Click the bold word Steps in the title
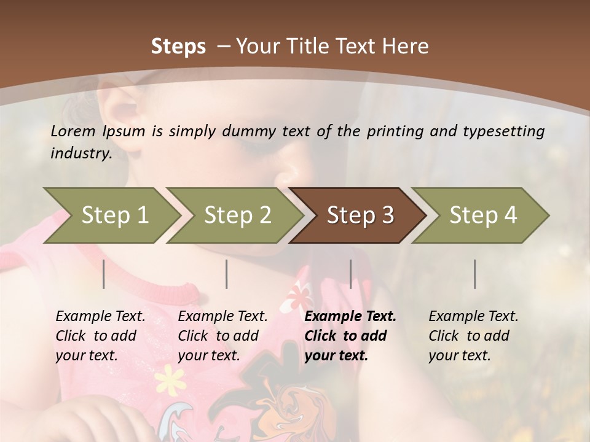tap(178, 47)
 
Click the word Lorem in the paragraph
tap(73, 131)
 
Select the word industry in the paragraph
tap(81, 153)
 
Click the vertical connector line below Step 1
tap(104, 274)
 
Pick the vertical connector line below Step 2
tap(227, 274)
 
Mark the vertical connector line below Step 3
tap(351, 274)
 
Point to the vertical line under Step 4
tap(474, 274)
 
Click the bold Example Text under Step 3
tap(350, 317)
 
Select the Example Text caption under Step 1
tap(100, 317)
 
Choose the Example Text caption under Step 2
tap(222, 317)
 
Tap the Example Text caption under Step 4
tap(473, 317)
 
